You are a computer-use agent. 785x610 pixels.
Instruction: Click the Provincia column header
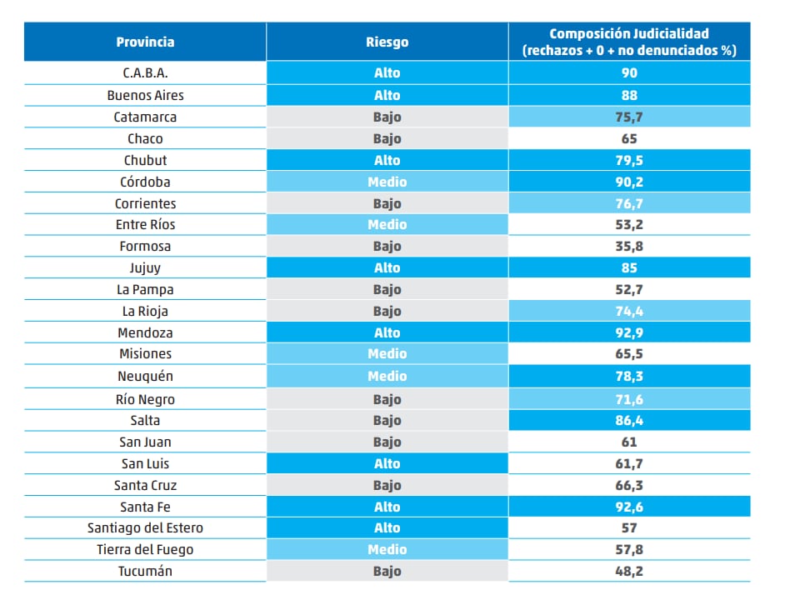[x=145, y=42]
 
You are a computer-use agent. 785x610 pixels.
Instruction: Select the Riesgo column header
[x=387, y=42]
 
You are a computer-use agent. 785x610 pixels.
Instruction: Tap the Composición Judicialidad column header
[x=628, y=42]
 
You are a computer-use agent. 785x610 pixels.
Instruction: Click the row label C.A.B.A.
[x=145, y=73]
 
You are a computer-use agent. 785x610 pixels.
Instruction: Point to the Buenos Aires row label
[x=145, y=95]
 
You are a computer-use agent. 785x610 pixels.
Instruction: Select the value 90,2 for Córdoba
[x=628, y=182]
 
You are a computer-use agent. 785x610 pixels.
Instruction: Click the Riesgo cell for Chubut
[x=387, y=160]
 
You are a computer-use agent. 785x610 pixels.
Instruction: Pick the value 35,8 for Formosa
[x=628, y=247]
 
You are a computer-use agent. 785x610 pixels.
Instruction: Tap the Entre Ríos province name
[x=145, y=225]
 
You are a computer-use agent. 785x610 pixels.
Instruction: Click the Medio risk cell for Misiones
[x=387, y=354]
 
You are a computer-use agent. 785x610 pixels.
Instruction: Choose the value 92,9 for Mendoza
[x=628, y=332]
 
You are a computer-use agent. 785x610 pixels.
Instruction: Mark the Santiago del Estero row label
[x=145, y=528]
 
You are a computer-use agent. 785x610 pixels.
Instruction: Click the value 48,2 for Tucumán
[x=628, y=572]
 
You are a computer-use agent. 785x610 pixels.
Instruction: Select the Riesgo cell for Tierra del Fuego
[x=387, y=550]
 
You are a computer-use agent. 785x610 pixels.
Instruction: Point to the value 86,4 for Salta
[x=628, y=421]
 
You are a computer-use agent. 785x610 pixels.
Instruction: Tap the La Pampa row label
[x=145, y=290]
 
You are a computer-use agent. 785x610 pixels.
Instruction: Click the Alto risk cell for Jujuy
[x=387, y=268]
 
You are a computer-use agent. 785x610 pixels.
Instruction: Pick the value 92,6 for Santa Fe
[x=628, y=507]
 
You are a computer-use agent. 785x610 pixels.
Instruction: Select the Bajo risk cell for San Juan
[x=387, y=442]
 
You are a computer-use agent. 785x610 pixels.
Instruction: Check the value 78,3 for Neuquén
[x=628, y=377]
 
